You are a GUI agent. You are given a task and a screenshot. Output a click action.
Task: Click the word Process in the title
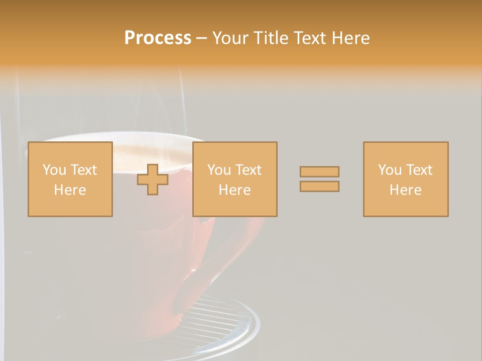[x=158, y=38]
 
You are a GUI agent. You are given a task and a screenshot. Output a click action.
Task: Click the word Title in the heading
[x=271, y=38]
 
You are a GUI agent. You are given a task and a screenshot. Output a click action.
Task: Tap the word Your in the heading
[x=230, y=38]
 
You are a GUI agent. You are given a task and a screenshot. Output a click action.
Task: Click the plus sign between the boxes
[x=153, y=179]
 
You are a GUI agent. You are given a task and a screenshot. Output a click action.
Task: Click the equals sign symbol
[x=319, y=179]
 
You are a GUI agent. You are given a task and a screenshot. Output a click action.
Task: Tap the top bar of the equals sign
[x=319, y=172]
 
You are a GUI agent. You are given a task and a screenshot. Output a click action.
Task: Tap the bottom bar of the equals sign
[x=319, y=186]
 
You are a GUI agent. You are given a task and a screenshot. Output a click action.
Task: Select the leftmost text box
[x=70, y=179]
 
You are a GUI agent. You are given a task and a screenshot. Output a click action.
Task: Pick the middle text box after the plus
[x=234, y=179]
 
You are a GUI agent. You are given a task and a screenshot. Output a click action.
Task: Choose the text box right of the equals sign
[x=405, y=179]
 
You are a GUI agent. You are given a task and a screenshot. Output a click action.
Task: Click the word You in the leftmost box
[x=54, y=170]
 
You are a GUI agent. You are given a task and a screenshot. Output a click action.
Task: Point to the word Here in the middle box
[x=234, y=190]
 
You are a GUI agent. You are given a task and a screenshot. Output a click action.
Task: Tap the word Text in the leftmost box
[x=83, y=170]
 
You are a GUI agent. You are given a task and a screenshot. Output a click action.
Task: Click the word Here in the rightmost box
[x=405, y=190]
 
